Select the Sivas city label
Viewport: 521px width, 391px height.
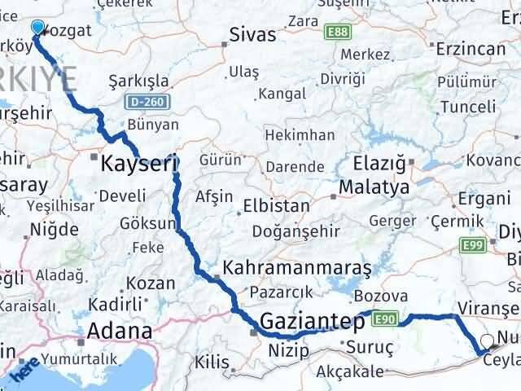[x=253, y=36]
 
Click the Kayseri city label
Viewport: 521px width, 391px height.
[x=138, y=164]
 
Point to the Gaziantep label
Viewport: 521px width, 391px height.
[x=312, y=322]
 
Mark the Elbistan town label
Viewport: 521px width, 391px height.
[x=282, y=205]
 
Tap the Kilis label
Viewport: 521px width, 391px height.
[x=213, y=360]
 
